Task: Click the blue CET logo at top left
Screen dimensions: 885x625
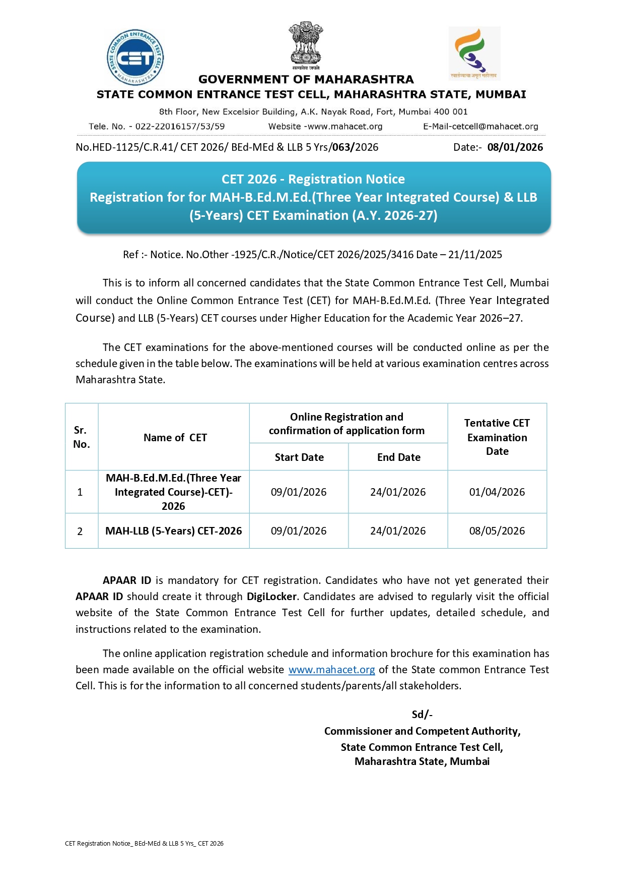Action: tap(135, 57)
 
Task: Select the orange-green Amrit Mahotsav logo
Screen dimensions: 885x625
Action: tap(474, 53)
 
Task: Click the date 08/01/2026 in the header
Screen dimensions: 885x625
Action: tap(515, 147)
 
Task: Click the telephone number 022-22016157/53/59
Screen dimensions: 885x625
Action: tap(180, 127)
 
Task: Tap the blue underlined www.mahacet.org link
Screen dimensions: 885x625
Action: tap(331, 670)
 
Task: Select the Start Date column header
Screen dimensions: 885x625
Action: tap(299, 457)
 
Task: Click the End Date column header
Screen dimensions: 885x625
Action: tap(398, 457)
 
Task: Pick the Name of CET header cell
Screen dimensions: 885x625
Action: tap(175, 438)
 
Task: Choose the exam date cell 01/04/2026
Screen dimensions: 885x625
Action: tap(497, 492)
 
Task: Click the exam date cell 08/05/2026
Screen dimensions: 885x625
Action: tap(497, 531)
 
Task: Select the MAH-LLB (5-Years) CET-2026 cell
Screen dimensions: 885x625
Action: tap(173, 531)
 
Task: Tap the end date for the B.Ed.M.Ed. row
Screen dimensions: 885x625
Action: tap(398, 492)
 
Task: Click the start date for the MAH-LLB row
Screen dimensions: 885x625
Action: tap(299, 531)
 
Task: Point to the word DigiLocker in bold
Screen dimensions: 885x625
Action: tap(271, 597)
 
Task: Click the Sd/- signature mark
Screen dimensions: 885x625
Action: tap(422, 715)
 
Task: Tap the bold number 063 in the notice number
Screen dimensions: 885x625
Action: tap(341, 147)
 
